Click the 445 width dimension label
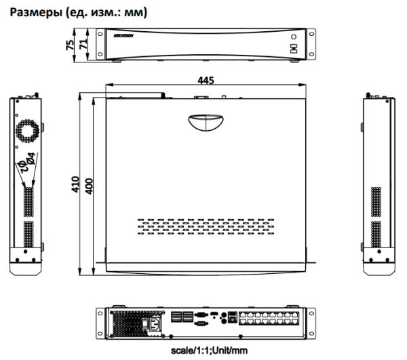click(206, 80)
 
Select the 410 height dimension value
click(75, 184)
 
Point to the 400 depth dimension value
click(88, 184)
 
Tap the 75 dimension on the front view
click(69, 45)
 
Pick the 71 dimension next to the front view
click(82, 45)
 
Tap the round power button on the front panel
click(294, 39)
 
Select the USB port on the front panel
click(294, 49)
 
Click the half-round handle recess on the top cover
click(206, 123)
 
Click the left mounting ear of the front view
click(100, 45)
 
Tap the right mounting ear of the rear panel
click(311, 321)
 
